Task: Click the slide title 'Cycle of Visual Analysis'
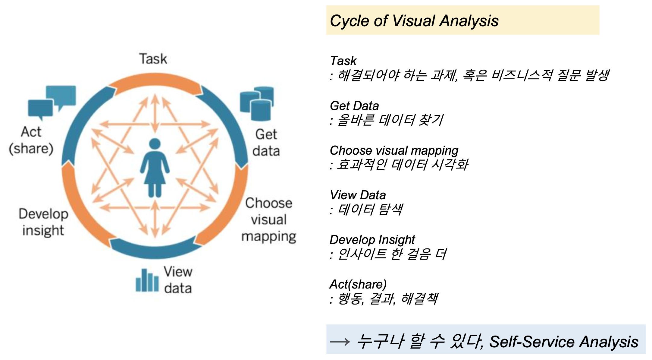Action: pyautogui.click(x=414, y=21)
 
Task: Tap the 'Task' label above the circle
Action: pyautogui.click(x=153, y=59)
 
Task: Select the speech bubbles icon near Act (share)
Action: pyautogui.click(x=52, y=101)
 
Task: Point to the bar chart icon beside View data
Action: pyautogui.click(x=147, y=281)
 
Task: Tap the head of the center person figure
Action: pyautogui.click(x=155, y=144)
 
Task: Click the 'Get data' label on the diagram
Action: pyautogui.click(x=266, y=143)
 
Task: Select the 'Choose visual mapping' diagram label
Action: pyautogui.click(x=269, y=220)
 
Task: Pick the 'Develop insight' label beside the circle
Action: pyautogui.click(x=43, y=222)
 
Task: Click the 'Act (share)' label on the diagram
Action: pyautogui.click(x=31, y=140)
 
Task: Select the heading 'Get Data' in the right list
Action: pyautogui.click(x=354, y=106)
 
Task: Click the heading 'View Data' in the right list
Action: pyautogui.click(x=358, y=195)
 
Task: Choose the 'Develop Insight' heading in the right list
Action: pyautogui.click(x=372, y=240)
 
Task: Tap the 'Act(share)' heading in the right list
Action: pyautogui.click(x=358, y=284)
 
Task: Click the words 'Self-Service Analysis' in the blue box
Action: pyautogui.click(x=563, y=342)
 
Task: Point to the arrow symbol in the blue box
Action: pyautogui.click(x=340, y=342)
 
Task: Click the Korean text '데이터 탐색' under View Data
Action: pyautogui.click(x=370, y=209)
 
